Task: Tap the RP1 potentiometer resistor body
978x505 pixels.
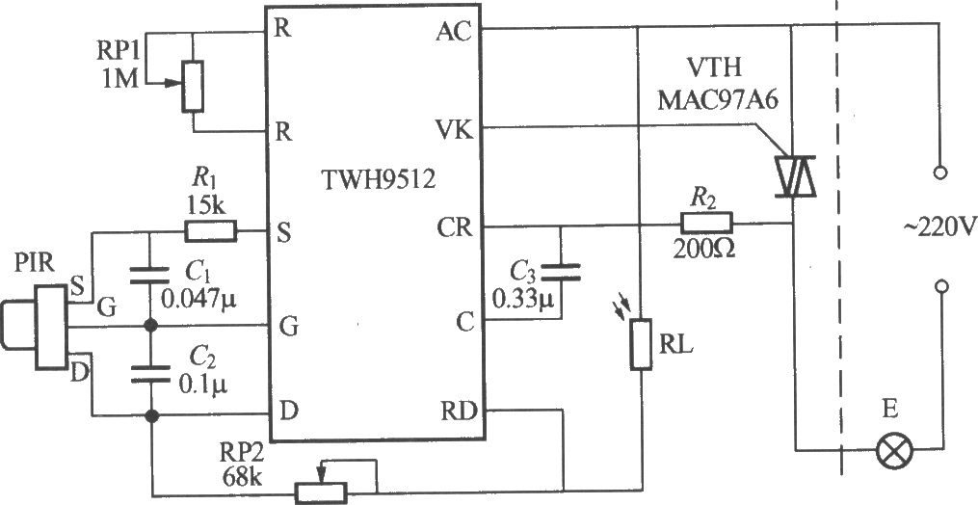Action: (193, 87)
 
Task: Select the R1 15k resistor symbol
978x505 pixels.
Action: (210, 231)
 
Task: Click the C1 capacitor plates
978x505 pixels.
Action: (149, 275)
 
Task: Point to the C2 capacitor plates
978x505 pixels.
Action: (149, 374)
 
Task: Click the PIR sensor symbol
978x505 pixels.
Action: (35, 327)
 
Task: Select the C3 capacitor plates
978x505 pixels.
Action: (561, 272)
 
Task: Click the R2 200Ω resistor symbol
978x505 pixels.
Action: (705, 223)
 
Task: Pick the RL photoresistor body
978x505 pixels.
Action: (641, 344)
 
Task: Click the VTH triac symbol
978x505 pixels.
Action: (793, 175)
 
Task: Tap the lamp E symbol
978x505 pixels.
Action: (894, 450)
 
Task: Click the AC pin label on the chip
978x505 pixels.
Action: (454, 32)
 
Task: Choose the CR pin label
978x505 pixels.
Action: (455, 228)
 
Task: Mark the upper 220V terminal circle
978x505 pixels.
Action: (942, 172)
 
